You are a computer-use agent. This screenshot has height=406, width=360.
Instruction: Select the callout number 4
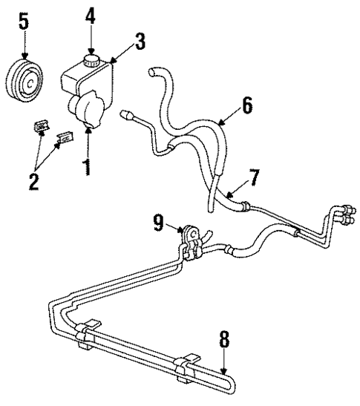tap(90, 15)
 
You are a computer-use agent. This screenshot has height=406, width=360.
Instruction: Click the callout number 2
tap(33, 180)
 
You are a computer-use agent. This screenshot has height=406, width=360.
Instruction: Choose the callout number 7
tap(255, 179)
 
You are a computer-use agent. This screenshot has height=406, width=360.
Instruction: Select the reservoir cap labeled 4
tap(91, 59)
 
